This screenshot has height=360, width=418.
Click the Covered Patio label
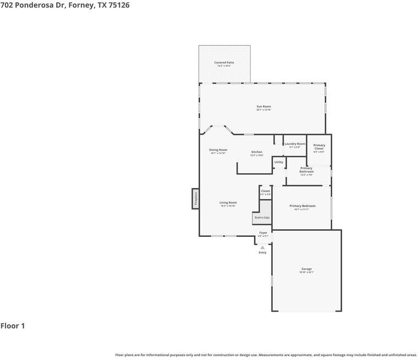pyautogui.click(x=224, y=63)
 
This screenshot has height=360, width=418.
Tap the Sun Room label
pyautogui.click(x=263, y=107)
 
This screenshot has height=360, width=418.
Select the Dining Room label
pyautogui.click(x=218, y=149)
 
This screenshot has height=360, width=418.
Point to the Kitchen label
pyautogui.click(x=257, y=152)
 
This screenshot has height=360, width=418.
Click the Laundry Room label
pyautogui.click(x=294, y=144)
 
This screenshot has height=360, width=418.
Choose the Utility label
pyautogui.click(x=279, y=162)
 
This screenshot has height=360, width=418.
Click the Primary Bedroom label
pyautogui.click(x=302, y=206)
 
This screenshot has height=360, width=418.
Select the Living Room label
pyautogui.click(x=228, y=202)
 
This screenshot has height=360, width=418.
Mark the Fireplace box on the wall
pyautogui.click(x=195, y=198)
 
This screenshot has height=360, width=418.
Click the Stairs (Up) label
pyautogui.click(x=262, y=218)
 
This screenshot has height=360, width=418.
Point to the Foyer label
pyautogui.click(x=263, y=232)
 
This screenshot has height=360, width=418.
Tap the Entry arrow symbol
pyautogui.click(x=262, y=247)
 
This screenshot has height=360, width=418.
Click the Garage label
pyautogui.click(x=306, y=269)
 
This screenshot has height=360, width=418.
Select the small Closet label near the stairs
pyautogui.click(x=265, y=191)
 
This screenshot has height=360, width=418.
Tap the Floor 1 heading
pyautogui.click(x=13, y=326)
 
